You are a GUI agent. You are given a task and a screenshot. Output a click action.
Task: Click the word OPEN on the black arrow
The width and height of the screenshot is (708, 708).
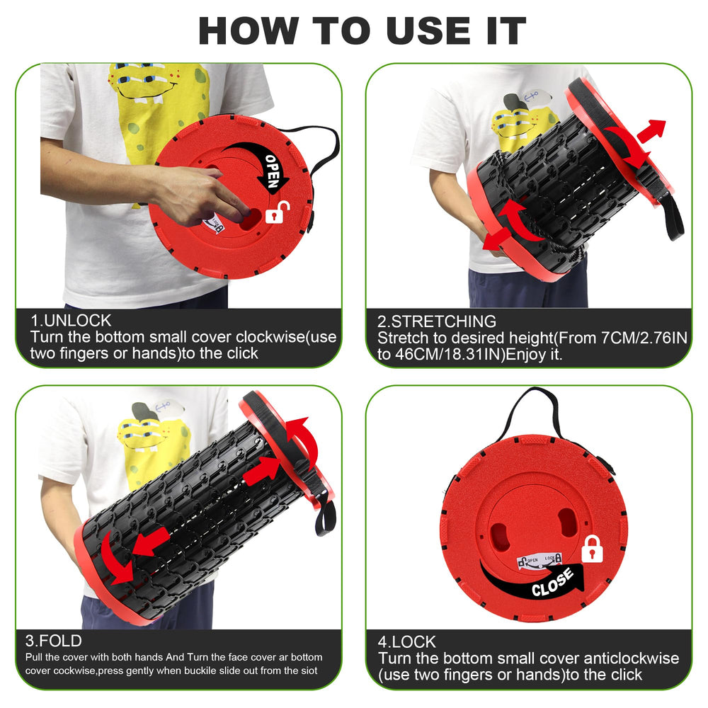tap(273, 171)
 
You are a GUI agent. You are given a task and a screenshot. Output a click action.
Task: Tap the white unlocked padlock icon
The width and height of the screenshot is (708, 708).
tap(276, 212)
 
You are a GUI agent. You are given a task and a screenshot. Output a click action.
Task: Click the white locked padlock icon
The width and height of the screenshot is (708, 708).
tap(592, 549)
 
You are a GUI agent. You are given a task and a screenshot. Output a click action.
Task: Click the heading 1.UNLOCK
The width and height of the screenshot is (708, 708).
tap(71, 321)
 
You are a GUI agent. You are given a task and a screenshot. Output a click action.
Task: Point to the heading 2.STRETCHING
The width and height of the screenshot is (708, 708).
tap(437, 321)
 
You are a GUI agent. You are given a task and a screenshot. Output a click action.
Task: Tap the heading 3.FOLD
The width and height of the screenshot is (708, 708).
tap(54, 641)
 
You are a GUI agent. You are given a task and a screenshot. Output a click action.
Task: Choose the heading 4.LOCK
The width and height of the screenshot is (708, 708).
tap(407, 641)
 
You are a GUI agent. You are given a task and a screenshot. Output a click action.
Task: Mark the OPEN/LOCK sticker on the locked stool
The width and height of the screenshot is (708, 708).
tap(539, 561)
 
